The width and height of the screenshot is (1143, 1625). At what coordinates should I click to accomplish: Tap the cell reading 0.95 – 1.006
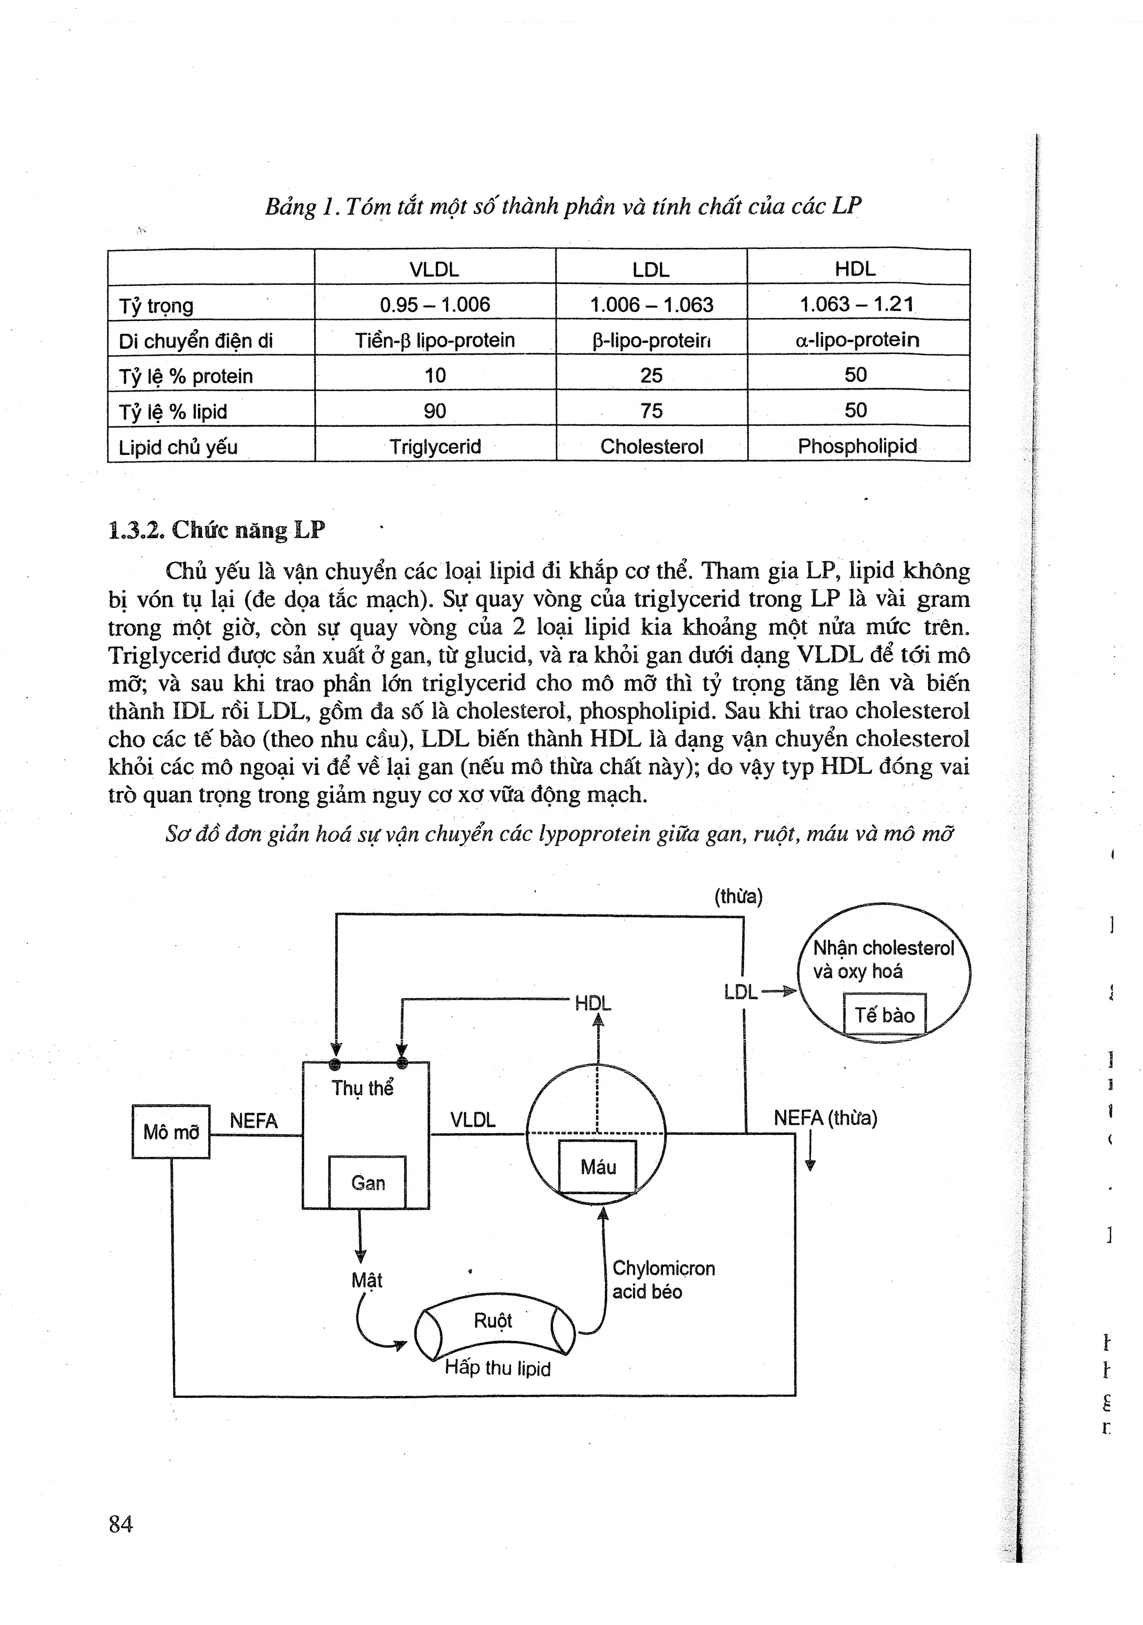tap(435, 305)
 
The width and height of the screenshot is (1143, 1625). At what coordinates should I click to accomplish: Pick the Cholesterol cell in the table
tap(651, 447)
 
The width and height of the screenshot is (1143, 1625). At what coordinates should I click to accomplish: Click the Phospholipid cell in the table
tap(857, 447)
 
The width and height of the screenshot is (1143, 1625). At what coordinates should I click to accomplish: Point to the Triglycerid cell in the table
tap(435, 447)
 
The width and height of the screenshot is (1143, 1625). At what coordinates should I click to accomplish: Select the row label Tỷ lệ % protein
tap(185, 376)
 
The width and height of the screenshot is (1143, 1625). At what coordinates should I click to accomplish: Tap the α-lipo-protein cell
tap(857, 341)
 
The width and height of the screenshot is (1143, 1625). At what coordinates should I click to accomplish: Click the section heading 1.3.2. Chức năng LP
tap(217, 530)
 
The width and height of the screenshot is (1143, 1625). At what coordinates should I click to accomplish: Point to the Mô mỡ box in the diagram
tap(171, 1132)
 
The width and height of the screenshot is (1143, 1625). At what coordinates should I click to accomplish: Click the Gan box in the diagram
tap(367, 1183)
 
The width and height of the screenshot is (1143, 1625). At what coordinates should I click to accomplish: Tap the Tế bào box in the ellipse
tap(884, 1015)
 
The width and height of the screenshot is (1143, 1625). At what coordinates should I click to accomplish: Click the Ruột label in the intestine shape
tap(493, 1321)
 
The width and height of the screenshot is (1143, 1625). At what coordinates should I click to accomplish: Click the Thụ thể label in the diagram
tap(362, 1088)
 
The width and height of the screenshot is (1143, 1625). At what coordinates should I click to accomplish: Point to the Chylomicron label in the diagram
tap(663, 1268)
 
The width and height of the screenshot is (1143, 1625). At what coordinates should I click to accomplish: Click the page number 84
tap(121, 1524)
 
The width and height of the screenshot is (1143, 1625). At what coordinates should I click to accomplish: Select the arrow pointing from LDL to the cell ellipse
tap(778, 993)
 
